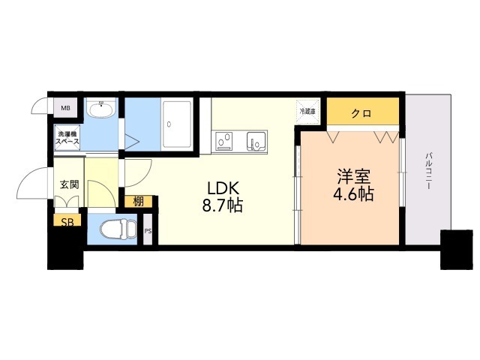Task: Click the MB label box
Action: click(65, 108)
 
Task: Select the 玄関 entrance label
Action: click(69, 184)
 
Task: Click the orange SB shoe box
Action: click(66, 222)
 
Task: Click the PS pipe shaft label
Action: click(148, 230)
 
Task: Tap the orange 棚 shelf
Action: click(139, 201)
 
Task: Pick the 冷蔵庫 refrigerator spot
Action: click(307, 110)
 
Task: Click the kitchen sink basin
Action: click(257, 139)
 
